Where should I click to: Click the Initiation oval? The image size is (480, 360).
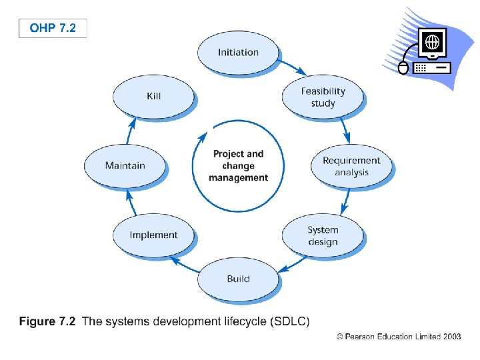point(238,52)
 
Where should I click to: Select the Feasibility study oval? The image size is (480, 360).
point(323,97)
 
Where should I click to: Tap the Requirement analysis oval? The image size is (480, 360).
point(351,166)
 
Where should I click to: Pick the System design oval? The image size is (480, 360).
point(323,235)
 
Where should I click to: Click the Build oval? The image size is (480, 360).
point(238,278)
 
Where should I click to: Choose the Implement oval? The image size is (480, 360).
point(153,235)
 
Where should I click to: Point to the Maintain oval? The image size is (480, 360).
point(125,165)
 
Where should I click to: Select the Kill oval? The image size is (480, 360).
point(153,96)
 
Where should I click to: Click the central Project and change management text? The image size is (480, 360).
point(238,165)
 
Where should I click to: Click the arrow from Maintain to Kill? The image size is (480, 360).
point(130,132)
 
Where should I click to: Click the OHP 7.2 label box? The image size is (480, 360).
point(53,29)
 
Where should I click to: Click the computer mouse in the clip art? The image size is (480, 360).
point(403,67)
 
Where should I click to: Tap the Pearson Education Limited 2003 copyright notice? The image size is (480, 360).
point(399,337)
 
